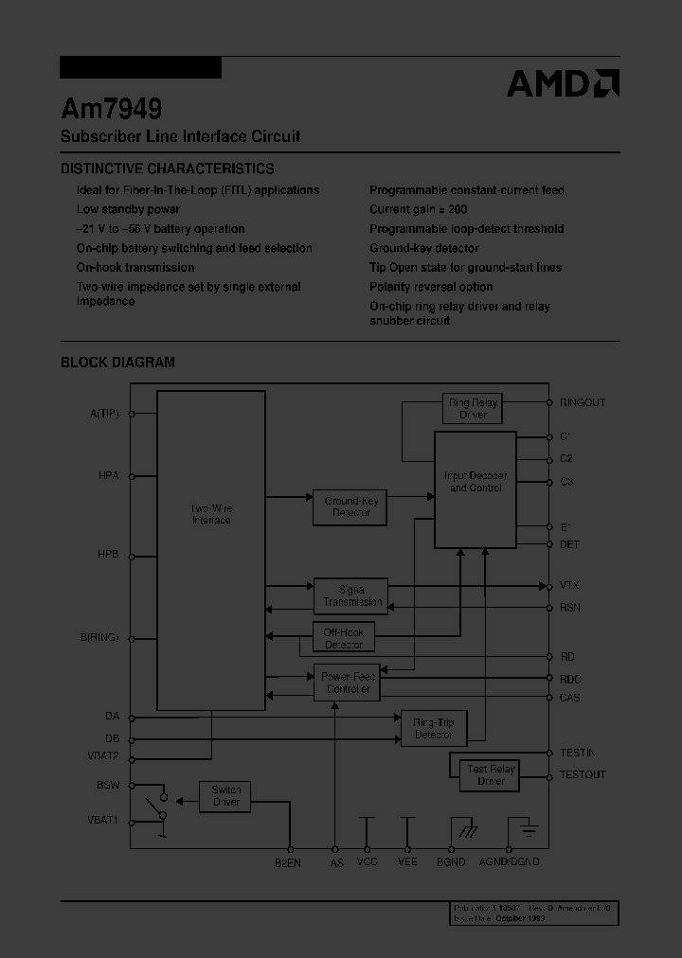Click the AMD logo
[x=563, y=83]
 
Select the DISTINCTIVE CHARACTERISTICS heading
[x=168, y=169]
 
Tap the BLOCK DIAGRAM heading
[x=117, y=362]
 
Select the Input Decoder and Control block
[x=476, y=488]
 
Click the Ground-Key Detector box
[x=350, y=507]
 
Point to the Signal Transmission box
[x=350, y=596]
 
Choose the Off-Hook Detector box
[x=344, y=638]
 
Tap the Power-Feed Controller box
[x=347, y=683]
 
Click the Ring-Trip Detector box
[x=434, y=728]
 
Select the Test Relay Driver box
[x=491, y=774]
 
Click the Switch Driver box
[x=225, y=795]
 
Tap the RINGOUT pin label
[x=583, y=402]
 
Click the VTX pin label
[x=569, y=586]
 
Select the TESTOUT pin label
[x=583, y=774]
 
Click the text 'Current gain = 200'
[x=418, y=209]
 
